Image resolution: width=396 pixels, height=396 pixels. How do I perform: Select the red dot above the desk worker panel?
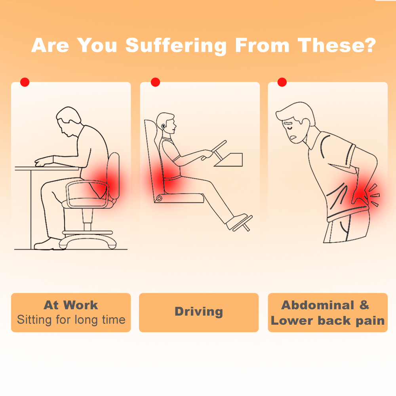pos(25,82)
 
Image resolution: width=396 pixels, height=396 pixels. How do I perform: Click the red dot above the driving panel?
pos(155,82)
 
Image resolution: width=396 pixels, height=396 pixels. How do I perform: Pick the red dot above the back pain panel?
pos(282,82)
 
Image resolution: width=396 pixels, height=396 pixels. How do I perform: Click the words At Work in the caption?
pos(71,305)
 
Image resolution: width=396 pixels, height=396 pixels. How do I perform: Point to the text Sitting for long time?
pos(71,319)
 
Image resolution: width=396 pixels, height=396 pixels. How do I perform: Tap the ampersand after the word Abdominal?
pos(364,305)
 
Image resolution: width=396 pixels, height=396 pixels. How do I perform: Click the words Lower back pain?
pos(327,320)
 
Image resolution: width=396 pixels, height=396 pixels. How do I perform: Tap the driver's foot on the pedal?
pos(237,220)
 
